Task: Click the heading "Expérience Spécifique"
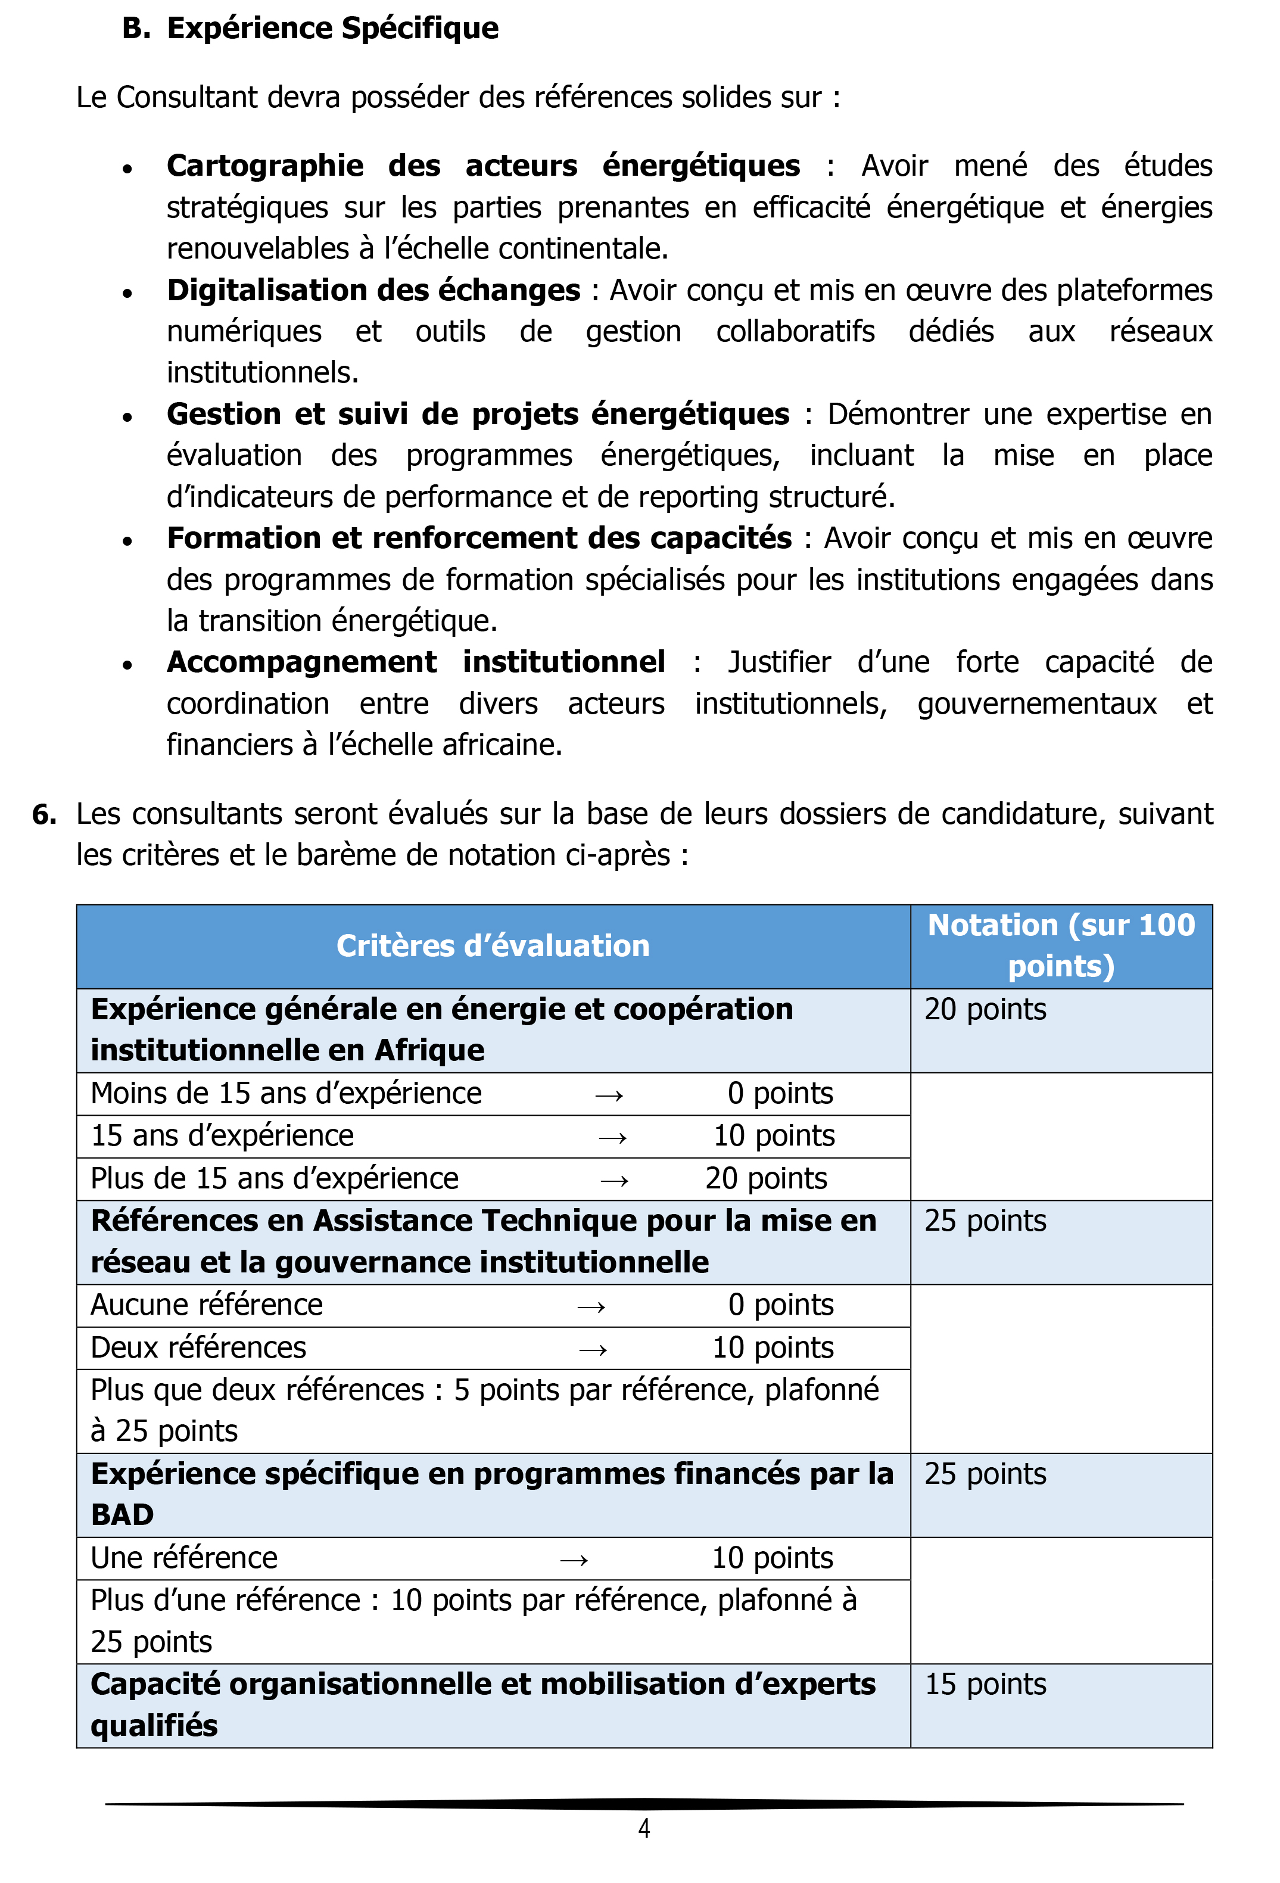coord(332,29)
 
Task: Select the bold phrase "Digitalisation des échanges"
coord(373,290)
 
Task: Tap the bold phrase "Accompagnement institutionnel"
coord(416,662)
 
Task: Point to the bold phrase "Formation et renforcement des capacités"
coord(479,538)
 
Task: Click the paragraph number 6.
coord(43,814)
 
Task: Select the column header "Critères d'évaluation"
coord(493,945)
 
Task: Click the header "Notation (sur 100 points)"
coord(1060,945)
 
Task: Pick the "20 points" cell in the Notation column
coord(985,1010)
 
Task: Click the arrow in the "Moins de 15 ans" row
coord(609,1095)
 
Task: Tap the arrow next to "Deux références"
coord(593,1349)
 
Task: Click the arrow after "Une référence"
coord(574,1560)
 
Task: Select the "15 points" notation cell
coord(985,1685)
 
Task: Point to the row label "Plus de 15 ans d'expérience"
coord(275,1178)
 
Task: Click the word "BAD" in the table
coord(122,1514)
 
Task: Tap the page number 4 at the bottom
coord(644,1829)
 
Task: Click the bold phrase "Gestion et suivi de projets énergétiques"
coord(477,414)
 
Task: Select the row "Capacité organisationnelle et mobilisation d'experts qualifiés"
coord(483,1705)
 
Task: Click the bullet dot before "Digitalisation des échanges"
coord(127,293)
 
